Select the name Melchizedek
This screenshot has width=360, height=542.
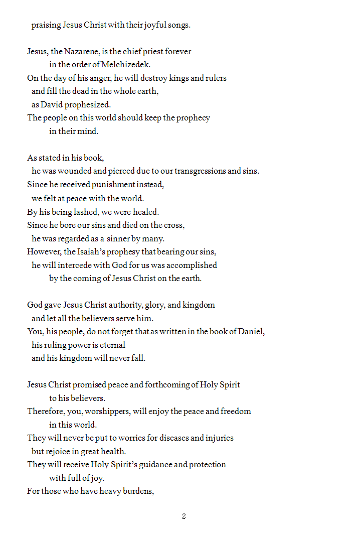pyautogui.click(x=125, y=64)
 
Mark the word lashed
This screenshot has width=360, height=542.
pyautogui.click(x=84, y=212)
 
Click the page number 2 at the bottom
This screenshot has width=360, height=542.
pyautogui.click(x=184, y=516)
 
